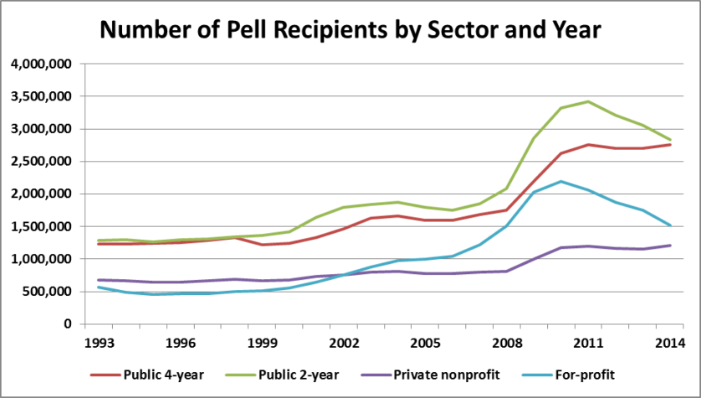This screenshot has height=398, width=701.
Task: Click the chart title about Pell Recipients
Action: point(350,31)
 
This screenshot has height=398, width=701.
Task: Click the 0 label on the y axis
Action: point(68,324)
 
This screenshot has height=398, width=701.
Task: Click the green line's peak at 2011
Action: point(590,101)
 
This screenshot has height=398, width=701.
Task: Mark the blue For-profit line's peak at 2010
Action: point(562,182)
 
